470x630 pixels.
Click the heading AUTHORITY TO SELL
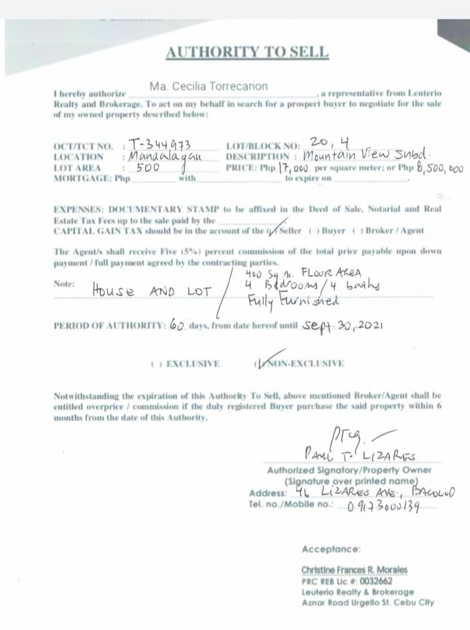point(247,52)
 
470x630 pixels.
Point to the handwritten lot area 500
point(148,168)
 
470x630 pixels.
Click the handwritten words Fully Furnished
point(293,301)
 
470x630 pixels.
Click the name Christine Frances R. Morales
point(354,570)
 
